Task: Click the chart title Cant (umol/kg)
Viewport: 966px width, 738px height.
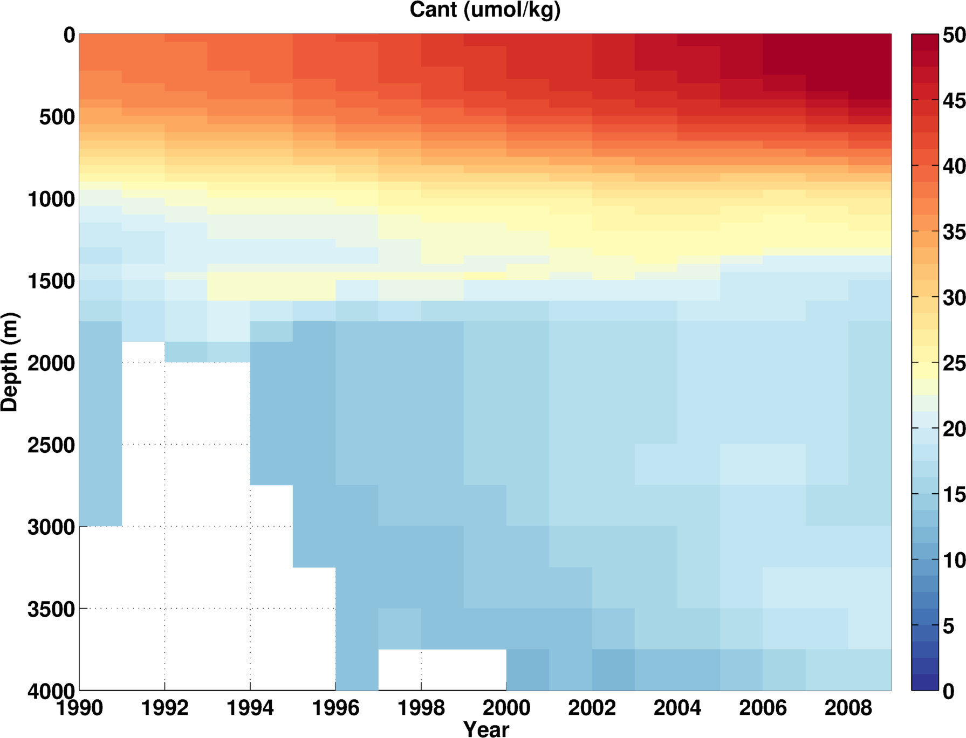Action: [485, 10]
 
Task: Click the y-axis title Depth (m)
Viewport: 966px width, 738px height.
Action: [10, 362]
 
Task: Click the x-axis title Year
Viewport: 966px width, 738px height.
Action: [486, 729]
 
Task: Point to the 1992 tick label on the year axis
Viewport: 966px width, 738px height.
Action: [165, 708]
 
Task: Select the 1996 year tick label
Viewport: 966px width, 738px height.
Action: [335, 708]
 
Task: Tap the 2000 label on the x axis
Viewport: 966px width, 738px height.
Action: [506, 708]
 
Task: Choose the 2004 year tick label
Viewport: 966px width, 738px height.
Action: [677, 708]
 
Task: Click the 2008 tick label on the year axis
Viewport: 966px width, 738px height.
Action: [848, 708]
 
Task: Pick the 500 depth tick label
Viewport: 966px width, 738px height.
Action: [57, 117]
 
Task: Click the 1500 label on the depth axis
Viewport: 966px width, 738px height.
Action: [52, 281]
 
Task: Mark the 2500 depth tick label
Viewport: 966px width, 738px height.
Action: [52, 445]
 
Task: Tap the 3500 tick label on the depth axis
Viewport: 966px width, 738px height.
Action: [52, 609]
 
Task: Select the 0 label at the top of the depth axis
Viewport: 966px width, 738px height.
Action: [69, 36]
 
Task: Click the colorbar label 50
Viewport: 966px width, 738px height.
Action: [954, 36]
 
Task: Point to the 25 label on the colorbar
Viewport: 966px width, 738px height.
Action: [954, 363]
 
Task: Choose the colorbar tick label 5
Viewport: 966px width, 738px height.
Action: [949, 626]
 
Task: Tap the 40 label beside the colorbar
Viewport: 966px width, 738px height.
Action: [954, 167]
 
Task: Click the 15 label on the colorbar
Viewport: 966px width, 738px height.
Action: [954, 494]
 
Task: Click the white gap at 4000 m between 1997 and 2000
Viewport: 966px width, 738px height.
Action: [442, 670]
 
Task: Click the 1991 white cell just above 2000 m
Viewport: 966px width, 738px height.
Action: [143, 352]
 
